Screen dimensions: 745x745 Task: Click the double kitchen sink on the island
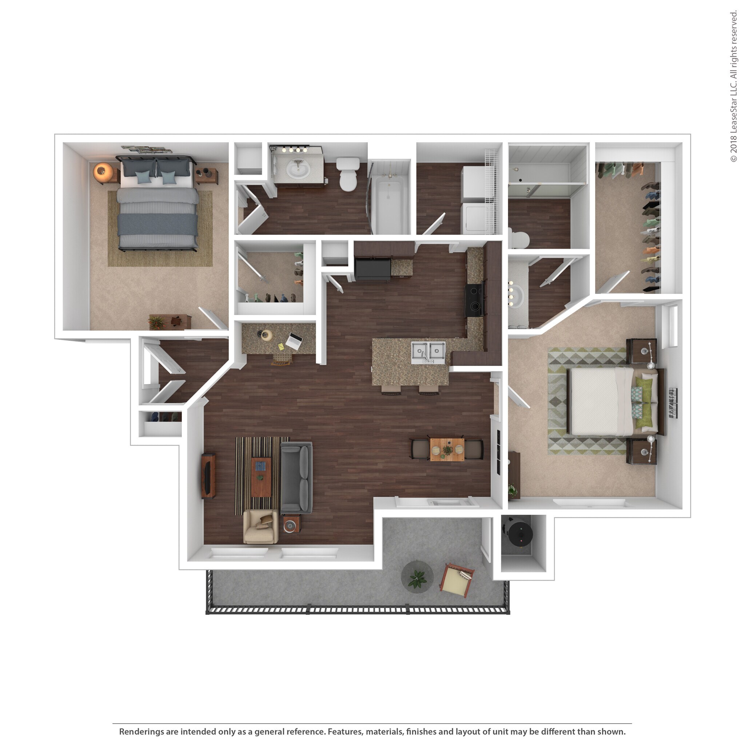[428, 352]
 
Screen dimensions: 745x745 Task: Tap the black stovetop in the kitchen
[474, 301]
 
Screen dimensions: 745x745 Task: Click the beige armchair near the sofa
[261, 527]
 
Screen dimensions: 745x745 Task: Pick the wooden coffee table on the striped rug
[261, 477]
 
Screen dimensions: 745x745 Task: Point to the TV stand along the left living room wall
[208, 476]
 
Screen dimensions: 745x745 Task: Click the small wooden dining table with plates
[447, 450]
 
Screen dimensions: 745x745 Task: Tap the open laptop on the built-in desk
[294, 341]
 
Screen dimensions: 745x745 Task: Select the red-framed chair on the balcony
[458, 580]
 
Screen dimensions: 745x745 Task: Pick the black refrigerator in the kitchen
[372, 269]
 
